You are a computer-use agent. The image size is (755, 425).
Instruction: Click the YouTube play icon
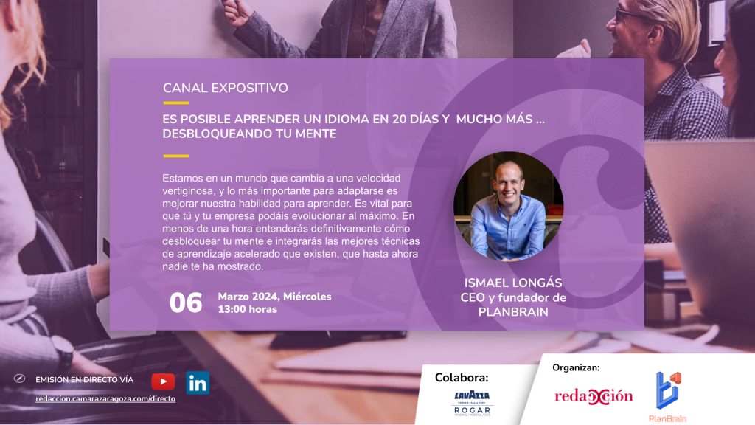point(163,381)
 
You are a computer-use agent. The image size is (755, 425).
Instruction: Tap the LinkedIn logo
point(198,383)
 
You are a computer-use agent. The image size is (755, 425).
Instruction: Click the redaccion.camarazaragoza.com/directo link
point(105,399)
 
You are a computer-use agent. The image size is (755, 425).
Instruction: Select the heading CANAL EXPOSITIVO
point(226,89)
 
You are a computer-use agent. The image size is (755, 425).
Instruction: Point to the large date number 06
point(186,303)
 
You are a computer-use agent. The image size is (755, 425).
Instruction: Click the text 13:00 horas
point(248,309)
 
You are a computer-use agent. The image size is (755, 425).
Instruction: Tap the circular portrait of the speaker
point(509,207)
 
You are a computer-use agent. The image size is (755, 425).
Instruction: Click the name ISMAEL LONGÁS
point(513,283)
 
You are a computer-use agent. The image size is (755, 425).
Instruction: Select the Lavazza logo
point(472,396)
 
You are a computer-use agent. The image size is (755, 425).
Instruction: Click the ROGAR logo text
point(473,410)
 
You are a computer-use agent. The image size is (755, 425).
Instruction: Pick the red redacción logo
point(594,396)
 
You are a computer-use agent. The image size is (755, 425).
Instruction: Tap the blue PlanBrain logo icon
point(668,390)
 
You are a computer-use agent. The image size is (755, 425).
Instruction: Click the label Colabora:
point(462,377)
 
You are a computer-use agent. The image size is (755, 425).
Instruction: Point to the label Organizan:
point(576,367)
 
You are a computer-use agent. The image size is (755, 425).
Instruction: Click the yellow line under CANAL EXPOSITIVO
point(175,103)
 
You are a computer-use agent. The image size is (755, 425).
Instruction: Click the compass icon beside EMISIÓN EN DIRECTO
point(20,379)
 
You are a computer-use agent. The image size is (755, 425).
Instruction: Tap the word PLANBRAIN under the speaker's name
point(513,312)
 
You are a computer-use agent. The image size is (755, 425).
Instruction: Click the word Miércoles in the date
point(307,297)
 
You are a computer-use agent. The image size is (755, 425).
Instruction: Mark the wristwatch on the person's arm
point(63,352)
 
